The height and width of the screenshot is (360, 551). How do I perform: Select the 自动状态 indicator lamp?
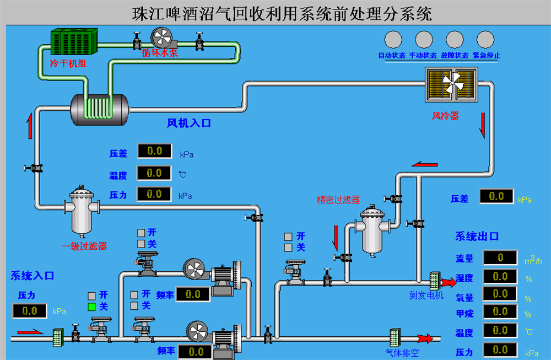pyautogui.click(x=392, y=39)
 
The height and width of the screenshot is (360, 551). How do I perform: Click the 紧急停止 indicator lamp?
pyautogui.click(x=485, y=39)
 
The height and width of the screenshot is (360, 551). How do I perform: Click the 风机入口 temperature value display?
pyautogui.click(x=154, y=173)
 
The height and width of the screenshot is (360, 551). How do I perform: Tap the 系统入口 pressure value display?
pyautogui.click(x=29, y=311)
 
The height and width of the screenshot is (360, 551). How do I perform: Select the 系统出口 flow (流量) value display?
pyautogui.click(x=500, y=257)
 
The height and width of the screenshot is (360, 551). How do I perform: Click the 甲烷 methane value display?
pyautogui.click(x=500, y=312)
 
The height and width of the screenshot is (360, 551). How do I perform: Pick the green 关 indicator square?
pyautogui.click(x=92, y=307)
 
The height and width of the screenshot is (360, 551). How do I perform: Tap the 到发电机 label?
pyautogui.click(x=426, y=296)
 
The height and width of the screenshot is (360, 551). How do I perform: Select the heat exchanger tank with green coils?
pyautogui.click(x=99, y=109)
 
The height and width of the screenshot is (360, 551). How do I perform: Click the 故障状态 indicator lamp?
pyautogui.click(x=455, y=39)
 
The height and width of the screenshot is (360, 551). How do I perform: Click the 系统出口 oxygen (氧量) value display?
pyautogui.click(x=500, y=294)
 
